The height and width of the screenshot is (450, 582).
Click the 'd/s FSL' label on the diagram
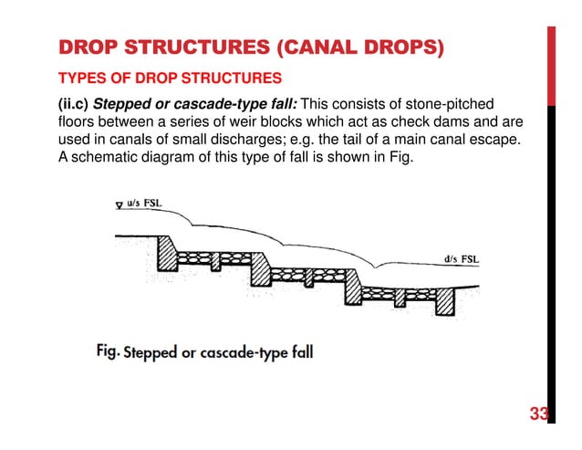point(461,258)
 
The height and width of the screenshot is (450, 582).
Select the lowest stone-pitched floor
point(397,293)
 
